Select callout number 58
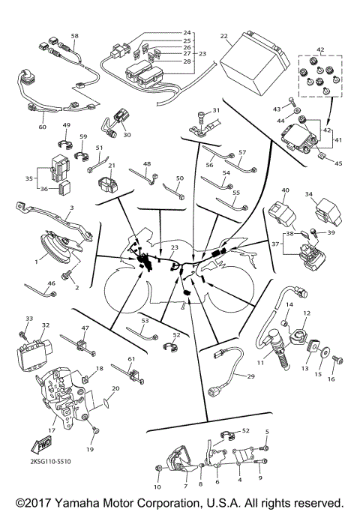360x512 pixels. (x=74, y=36)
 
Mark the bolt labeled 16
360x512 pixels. (x=335, y=364)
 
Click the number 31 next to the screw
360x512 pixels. (x=217, y=110)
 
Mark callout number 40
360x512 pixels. (x=284, y=190)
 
